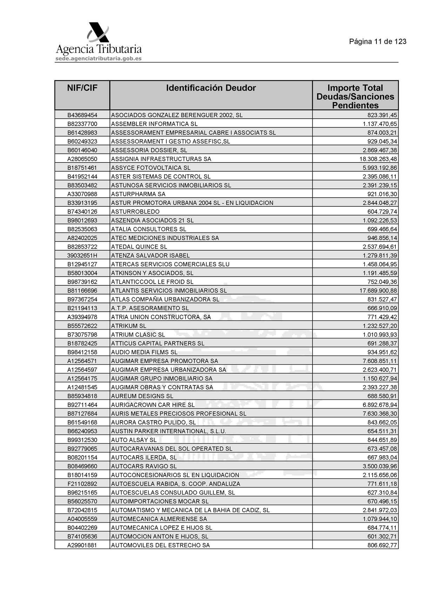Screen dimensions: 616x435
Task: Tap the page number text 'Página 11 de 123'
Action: click(x=377, y=41)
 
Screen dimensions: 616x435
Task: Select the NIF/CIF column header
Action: click(x=82, y=88)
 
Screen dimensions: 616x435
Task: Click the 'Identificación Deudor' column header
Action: click(x=211, y=88)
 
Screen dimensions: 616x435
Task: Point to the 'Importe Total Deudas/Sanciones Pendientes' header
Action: click(x=355, y=97)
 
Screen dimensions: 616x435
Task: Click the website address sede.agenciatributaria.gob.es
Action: click(x=99, y=59)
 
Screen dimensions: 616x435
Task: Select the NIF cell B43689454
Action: click(x=82, y=115)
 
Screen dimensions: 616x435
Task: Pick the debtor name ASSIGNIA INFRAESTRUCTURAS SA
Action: click(x=161, y=159)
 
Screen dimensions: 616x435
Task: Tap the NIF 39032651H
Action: click(x=82, y=256)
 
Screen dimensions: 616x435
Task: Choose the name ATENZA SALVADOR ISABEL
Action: click(x=150, y=256)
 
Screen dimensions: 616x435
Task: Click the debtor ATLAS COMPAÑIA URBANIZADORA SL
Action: click(x=165, y=299)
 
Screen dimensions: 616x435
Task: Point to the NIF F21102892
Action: click(x=82, y=484)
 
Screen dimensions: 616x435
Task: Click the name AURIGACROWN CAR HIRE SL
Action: click(x=153, y=405)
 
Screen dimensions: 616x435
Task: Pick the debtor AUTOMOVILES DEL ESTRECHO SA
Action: click(x=160, y=545)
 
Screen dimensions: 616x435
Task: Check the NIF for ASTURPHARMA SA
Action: click(x=82, y=194)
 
